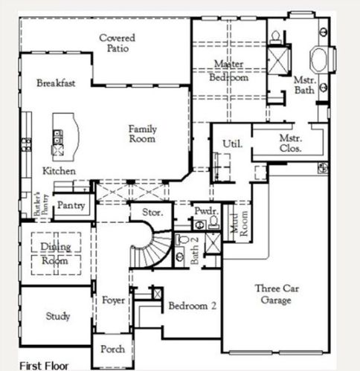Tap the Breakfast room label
[56, 83]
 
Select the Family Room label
[142, 134]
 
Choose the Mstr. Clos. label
[289, 143]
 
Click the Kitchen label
[58, 172]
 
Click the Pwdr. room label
[205, 212]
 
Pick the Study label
[58, 317]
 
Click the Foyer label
[113, 301]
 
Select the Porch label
[112, 349]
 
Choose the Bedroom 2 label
[192, 306]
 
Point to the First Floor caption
[44, 365]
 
